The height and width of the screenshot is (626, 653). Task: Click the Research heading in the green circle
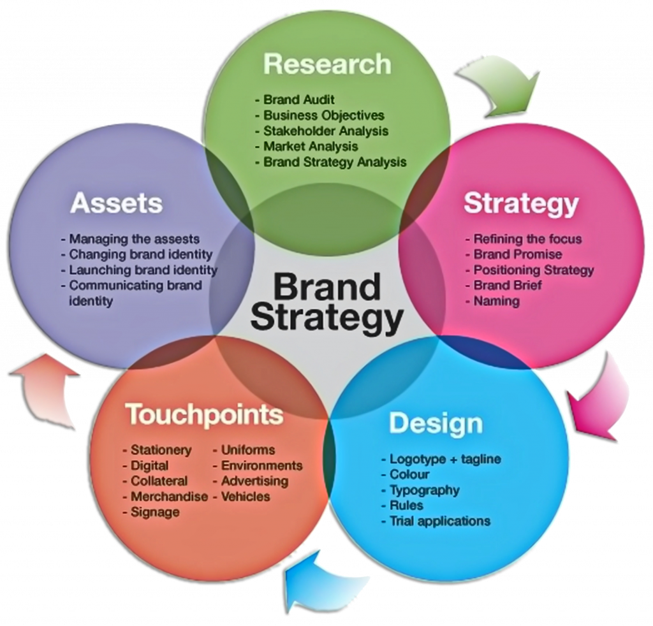[x=326, y=64]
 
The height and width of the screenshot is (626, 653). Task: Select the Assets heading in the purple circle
[x=117, y=203]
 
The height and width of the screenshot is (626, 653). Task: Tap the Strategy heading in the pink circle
[x=521, y=204]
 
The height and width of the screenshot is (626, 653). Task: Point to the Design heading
[x=436, y=423]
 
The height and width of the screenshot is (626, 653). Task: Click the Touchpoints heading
[x=204, y=414]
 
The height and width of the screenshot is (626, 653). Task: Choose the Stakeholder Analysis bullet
[x=325, y=131]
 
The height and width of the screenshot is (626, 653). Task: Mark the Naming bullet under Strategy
[x=495, y=301]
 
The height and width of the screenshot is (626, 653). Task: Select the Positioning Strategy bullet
[x=532, y=270]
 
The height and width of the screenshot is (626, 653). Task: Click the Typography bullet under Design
[x=423, y=490]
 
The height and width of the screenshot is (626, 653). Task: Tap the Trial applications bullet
[x=439, y=521]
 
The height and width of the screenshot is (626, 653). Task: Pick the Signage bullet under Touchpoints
[x=154, y=511]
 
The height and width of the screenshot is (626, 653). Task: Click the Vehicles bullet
[x=245, y=496]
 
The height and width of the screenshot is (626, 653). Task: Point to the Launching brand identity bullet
[x=143, y=270]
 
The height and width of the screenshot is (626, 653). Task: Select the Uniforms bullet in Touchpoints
[x=247, y=449]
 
